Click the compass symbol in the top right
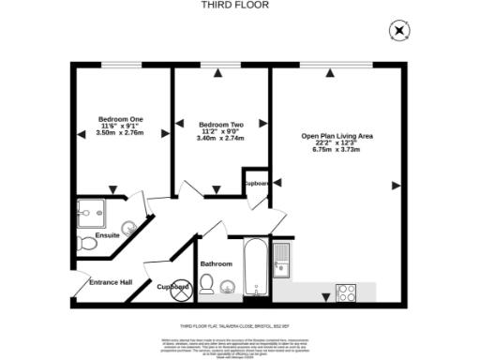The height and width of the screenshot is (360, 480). click(x=400, y=31)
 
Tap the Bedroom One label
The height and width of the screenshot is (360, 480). click(x=121, y=119)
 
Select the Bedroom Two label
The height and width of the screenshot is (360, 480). click(x=221, y=124)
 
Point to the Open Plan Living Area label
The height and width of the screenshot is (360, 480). click(x=337, y=135)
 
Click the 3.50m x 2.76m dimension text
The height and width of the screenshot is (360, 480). click(x=121, y=134)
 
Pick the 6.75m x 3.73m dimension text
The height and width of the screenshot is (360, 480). click(x=337, y=150)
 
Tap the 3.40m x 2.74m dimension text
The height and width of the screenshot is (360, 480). click(x=221, y=139)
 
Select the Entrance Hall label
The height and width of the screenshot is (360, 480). click(x=110, y=282)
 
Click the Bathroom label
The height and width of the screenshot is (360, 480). click(x=216, y=263)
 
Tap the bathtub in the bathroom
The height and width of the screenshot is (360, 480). click(x=255, y=268)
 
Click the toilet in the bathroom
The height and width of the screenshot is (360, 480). click(x=207, y=284)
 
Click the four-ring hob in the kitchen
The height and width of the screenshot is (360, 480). click(x=345, y=292)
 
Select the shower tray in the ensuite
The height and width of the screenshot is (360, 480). click(x=93, y=212)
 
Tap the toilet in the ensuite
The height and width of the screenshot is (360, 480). click(x=87, y=245)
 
